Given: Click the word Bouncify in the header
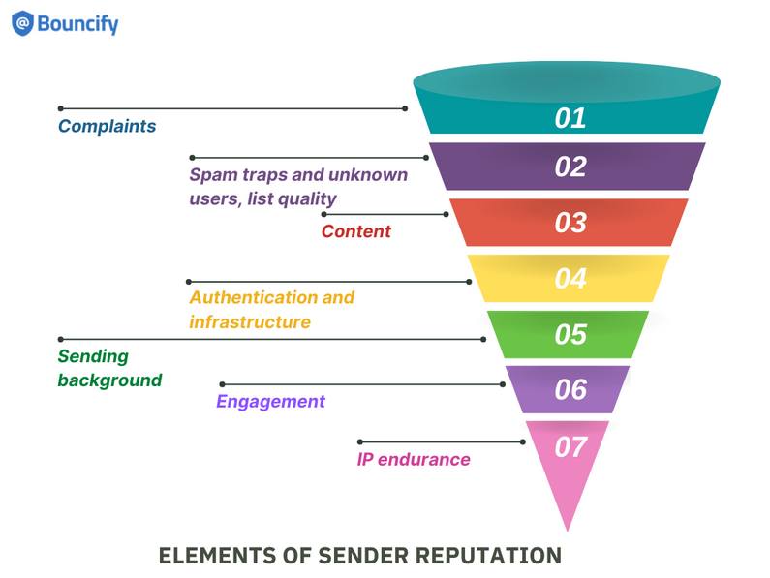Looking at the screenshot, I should (x=77, y=23).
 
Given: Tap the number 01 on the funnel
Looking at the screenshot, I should (x=570, y=118).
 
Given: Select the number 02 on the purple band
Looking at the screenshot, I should (x=570, y=167).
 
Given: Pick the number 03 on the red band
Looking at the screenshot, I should (x=570, y=223).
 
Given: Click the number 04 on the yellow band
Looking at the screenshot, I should (x=570, y=279).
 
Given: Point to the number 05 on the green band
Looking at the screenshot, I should (x=570, y=334).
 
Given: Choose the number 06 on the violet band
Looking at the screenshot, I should (x=570, y=389).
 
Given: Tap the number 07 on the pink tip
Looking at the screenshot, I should (x=570, y=447).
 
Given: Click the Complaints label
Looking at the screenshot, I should (x=107, y=127).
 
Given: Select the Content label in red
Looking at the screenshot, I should (x=355, y=231).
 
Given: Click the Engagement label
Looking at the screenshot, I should (x=270, y=402).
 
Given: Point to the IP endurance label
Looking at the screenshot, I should (x=414, y=460).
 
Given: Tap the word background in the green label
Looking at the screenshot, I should (x=109, y=380).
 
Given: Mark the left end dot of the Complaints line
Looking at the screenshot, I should (x=61, y=108).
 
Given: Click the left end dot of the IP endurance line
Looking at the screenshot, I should (x=360, y=441).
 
